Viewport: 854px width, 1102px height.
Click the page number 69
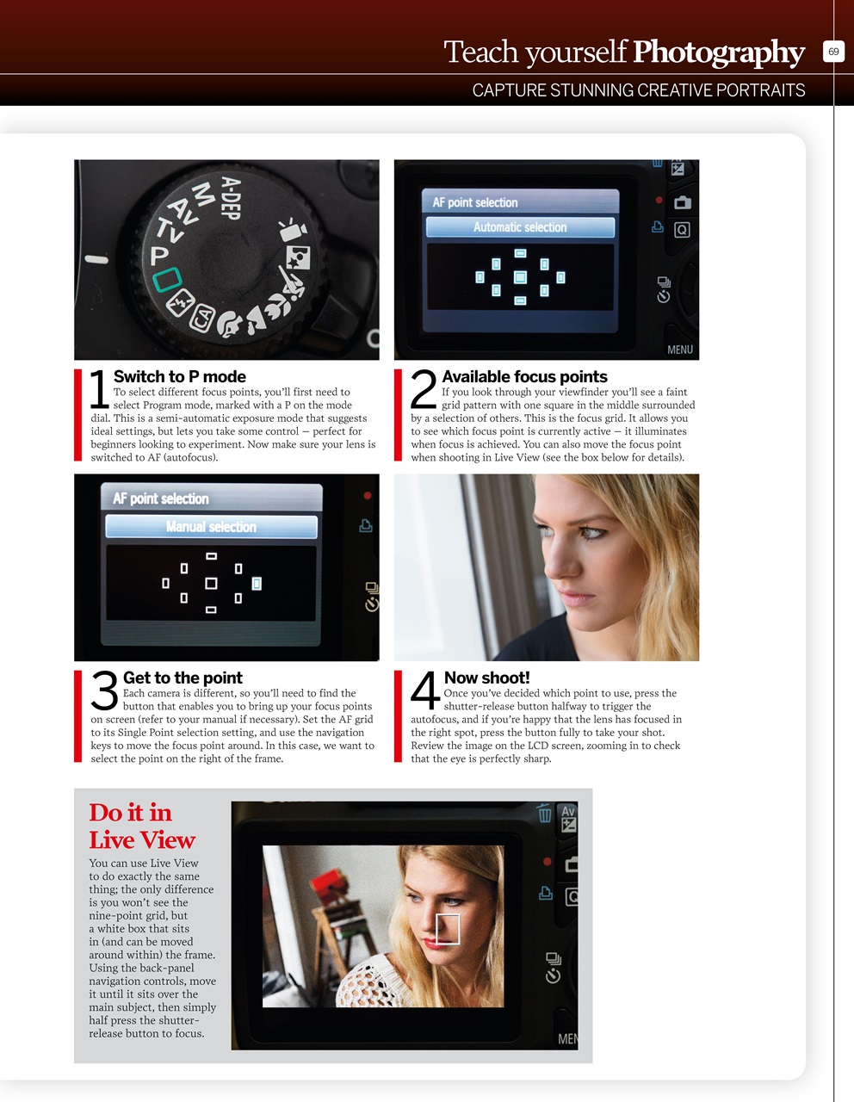(x=833, y=52)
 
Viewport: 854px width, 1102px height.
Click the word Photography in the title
(x=719, y=53)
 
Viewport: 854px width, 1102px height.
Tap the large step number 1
(x=100, y=389)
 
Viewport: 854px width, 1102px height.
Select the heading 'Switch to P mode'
(x=179, y=376)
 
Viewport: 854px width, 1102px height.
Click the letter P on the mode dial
(x=159, y=257)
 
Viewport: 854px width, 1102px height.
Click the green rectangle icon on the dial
(x=167, y=279)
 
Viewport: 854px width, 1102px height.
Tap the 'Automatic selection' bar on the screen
(x=520, y=227)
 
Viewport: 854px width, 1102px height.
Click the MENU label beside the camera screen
(x=679, y=350)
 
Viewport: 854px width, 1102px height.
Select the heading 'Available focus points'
(x=524, y=376)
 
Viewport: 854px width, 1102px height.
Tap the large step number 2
(x=424, y=389)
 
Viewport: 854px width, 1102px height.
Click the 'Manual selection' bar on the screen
(x=211, y=527)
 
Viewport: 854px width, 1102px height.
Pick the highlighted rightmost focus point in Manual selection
(x=257, y=584)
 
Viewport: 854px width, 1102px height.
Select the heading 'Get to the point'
(x=183, y=678)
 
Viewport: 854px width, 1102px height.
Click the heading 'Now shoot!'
(x=486, y=678)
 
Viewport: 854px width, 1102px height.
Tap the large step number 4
(x=425, y=690)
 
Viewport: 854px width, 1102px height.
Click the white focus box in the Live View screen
(x=448, y=929)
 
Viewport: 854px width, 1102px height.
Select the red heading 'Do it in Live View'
(x=142, y=826)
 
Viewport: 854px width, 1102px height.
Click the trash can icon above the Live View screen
(x=544, y=813)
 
